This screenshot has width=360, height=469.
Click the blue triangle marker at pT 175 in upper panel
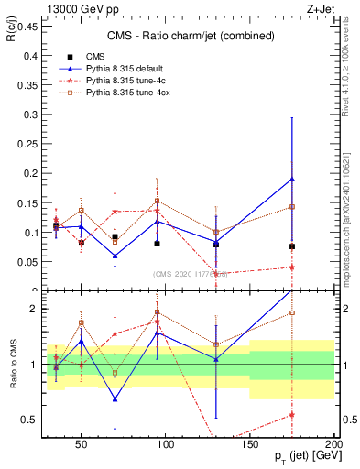[292, 179]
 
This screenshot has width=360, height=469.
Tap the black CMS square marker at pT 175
[292, 246]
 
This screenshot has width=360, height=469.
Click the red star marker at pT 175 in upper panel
[292, 267]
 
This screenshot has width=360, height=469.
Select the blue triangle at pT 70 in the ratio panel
[115, 398]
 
